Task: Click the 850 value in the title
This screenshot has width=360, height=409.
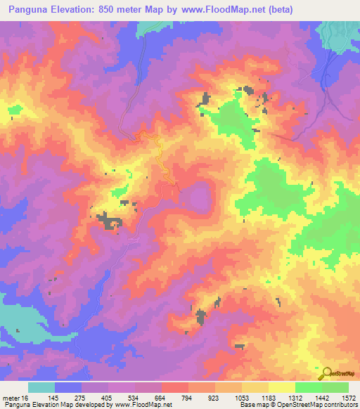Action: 125,9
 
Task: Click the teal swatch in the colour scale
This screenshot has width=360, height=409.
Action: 41,387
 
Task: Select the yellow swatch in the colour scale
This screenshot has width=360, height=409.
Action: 281,387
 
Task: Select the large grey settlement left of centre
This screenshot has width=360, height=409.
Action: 108,222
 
